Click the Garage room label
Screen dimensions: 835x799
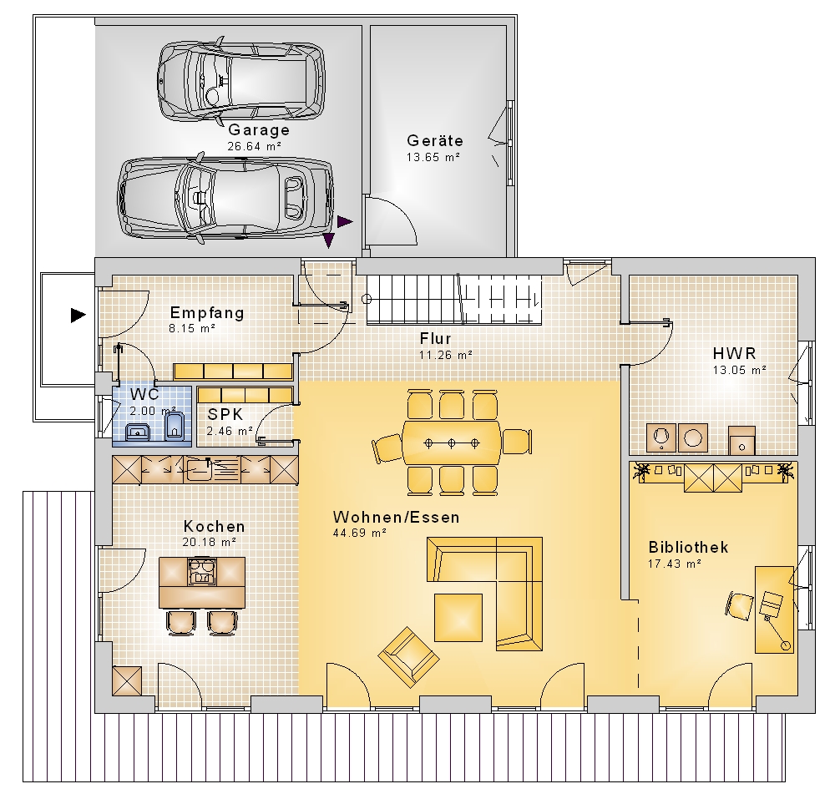[x=259, y=130]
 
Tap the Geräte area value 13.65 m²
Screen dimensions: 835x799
[x=433, y=157]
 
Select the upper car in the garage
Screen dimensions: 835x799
[x=241, y=80]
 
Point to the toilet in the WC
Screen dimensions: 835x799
[x=175, y=427]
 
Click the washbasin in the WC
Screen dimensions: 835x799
[x=138, y=432]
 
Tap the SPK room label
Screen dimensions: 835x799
[x=225, y=414]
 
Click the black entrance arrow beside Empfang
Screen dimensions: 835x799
[x=78, y=315]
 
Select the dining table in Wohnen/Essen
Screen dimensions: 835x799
[x=452, y=442]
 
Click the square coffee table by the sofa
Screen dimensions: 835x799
[x=458, y=618]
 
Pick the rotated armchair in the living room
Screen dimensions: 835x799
[x=408, y=657]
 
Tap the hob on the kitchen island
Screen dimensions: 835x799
[x=202, y=571]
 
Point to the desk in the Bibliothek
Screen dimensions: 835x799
[x=775, y=609]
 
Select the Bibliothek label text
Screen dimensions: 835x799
[x=688, y=547]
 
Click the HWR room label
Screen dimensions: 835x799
[x=734, y=353]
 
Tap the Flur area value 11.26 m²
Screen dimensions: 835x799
[x=446, y=355]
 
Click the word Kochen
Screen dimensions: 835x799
[x=214, y=527]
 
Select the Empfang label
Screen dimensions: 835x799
[x=207, y=313]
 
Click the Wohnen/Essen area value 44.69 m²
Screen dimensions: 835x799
[x=359, y=533]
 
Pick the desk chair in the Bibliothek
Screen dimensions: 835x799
[x=739, y=605]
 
